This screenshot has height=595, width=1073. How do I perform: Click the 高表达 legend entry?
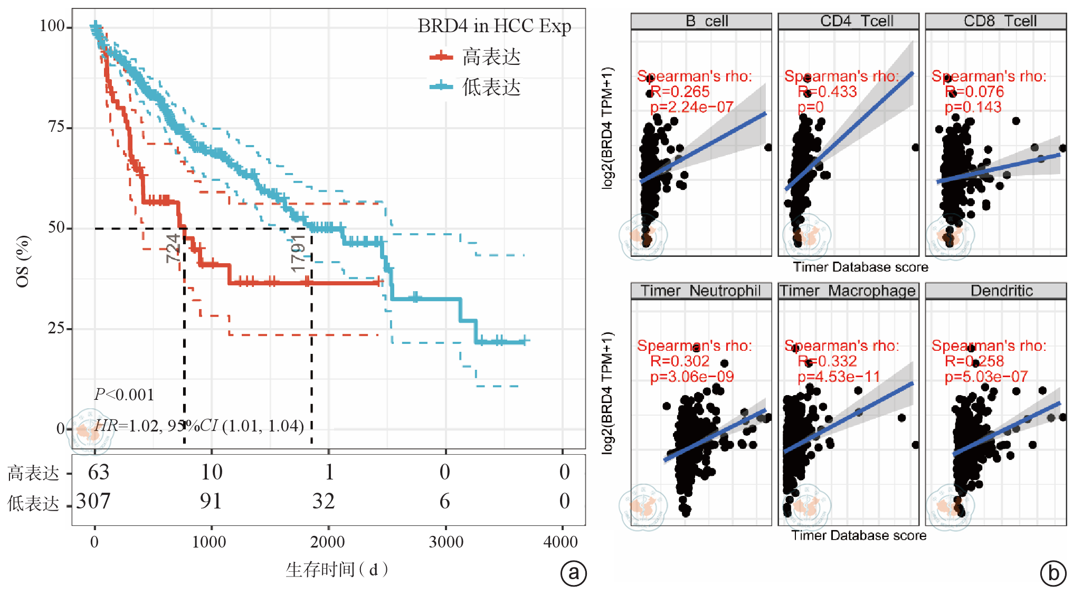coord(491,57)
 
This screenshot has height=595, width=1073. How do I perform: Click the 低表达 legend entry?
coord(491,87)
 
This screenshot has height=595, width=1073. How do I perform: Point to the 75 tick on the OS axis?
coord(56,127)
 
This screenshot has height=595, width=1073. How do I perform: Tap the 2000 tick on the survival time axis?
coord(328,542)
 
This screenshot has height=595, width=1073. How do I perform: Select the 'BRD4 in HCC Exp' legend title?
coord(494,26)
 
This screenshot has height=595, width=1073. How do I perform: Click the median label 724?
coord(173,248)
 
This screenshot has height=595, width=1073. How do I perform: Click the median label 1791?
coord(298,253)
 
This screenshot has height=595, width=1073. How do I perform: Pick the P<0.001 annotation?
coord(124,395)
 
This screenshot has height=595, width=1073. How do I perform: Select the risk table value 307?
coord(93,501)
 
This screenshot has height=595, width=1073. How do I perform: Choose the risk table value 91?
coord(211,501)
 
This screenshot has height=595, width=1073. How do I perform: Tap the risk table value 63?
coord(99,472)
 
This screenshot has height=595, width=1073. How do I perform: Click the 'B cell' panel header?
coord(701,21)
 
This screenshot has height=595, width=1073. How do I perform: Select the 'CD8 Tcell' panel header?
coord(995,21)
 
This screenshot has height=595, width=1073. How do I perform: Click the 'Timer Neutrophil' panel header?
coord(701,291)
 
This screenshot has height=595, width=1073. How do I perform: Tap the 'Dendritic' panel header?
coord(995,291)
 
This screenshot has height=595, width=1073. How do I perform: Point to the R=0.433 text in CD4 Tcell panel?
coord(827,92)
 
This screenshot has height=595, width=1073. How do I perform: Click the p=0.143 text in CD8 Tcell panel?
coord(973,107)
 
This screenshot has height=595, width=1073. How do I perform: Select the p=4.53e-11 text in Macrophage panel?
coord(839,377)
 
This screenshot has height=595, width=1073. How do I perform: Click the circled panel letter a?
coord(573,573)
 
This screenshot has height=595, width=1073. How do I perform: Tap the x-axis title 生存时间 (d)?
coord(337,570)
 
